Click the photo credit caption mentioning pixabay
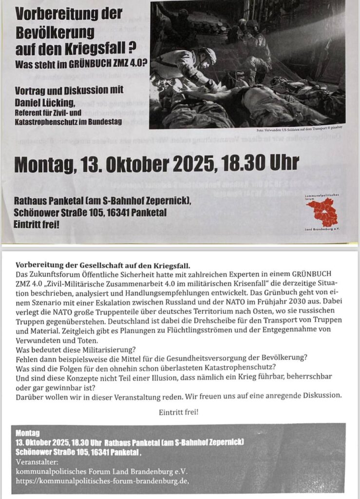301,131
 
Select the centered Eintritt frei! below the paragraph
179,412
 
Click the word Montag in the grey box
27,433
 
